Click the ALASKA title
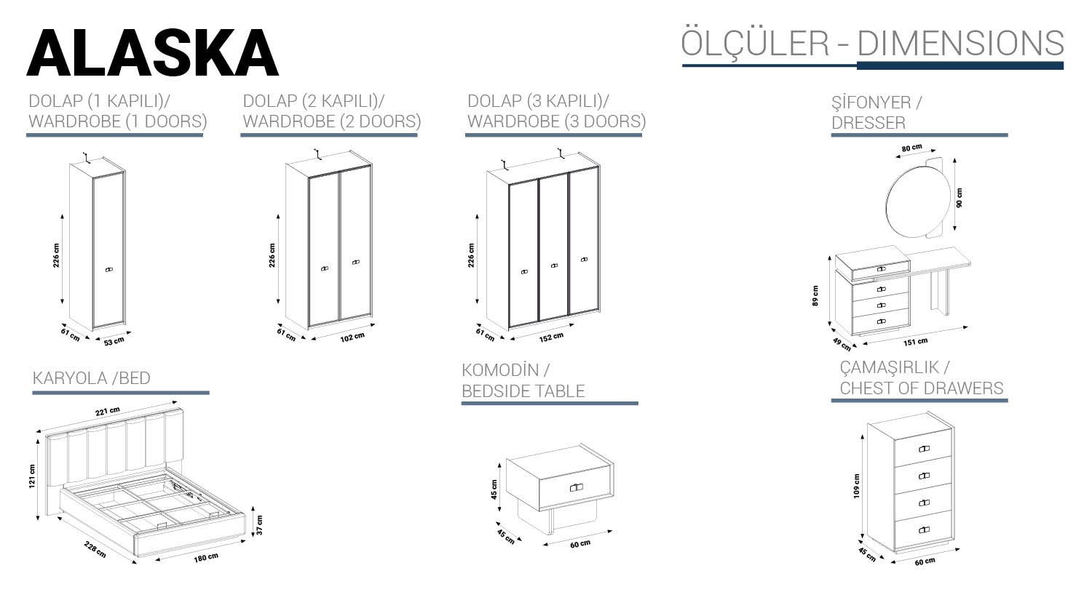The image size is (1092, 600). [153, 52]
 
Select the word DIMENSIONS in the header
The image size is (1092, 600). [960, 43]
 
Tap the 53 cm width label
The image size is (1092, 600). [114, 341]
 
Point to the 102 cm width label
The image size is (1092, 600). [352, 337]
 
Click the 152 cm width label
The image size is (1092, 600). [551, 337]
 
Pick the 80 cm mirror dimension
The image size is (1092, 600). [911, 148]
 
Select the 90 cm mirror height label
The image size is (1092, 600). [960, 199]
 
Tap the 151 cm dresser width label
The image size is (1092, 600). [916, 342]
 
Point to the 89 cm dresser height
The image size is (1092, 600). [815, 295]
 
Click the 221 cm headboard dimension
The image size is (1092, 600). [108, 412]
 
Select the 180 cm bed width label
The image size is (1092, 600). [206, 558]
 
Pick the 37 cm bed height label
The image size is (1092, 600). [259, 524]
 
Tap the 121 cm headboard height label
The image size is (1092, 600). [32, 476]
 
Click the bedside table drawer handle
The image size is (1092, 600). [577, 487]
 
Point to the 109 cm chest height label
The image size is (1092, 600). [857, 486]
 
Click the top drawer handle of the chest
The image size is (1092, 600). [924, 449]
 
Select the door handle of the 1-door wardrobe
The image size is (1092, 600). [109, 269]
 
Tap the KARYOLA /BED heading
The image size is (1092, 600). [91, 378]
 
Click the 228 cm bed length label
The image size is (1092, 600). [95, 549]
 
